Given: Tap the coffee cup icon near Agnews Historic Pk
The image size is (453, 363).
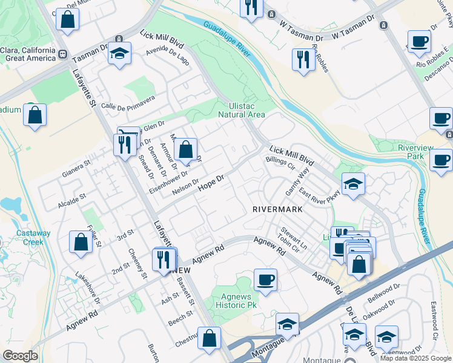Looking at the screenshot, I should pyautogui.click(x=265, y=280).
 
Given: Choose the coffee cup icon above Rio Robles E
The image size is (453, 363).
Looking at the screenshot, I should pyautogui.click(x=419, y=42).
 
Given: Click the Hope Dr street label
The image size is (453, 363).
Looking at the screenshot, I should pyautogui.click(x=212, y=183).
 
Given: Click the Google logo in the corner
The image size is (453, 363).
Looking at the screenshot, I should pyautogui.click(x=21, y=356).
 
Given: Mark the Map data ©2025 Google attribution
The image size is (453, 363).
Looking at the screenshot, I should pyautogui.click(x=415, y=358).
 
